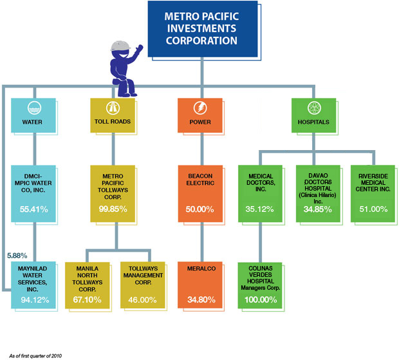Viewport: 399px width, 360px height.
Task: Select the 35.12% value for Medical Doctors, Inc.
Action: click(x=261, y=209)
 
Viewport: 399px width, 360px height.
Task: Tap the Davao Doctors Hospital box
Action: click(x=318, y=193)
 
